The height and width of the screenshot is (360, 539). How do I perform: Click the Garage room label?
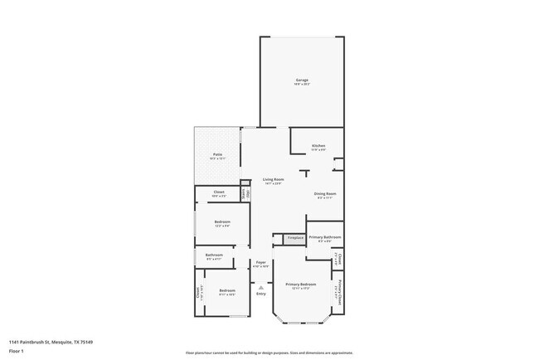[302, 80]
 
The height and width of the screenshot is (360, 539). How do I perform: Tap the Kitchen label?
[318, 146]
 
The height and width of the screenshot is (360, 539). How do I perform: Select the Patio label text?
[217, 154]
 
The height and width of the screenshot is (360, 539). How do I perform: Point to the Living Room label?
[274, 180]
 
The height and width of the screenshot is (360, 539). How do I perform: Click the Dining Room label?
[325, 194]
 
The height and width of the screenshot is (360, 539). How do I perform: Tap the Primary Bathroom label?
[325, 238]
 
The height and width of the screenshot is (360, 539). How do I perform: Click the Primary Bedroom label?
[302, 285]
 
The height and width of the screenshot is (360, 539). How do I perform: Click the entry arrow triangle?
[260, 287]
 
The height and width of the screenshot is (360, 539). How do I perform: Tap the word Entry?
[260, 294]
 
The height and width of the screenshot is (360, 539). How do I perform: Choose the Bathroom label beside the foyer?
[214, 255]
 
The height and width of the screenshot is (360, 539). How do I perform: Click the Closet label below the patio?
[219, 192]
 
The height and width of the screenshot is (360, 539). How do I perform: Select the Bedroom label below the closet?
[222, 221]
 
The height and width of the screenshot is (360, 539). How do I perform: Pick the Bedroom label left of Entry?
[227, 291]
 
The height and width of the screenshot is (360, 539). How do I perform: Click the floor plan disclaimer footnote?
[269, 352]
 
